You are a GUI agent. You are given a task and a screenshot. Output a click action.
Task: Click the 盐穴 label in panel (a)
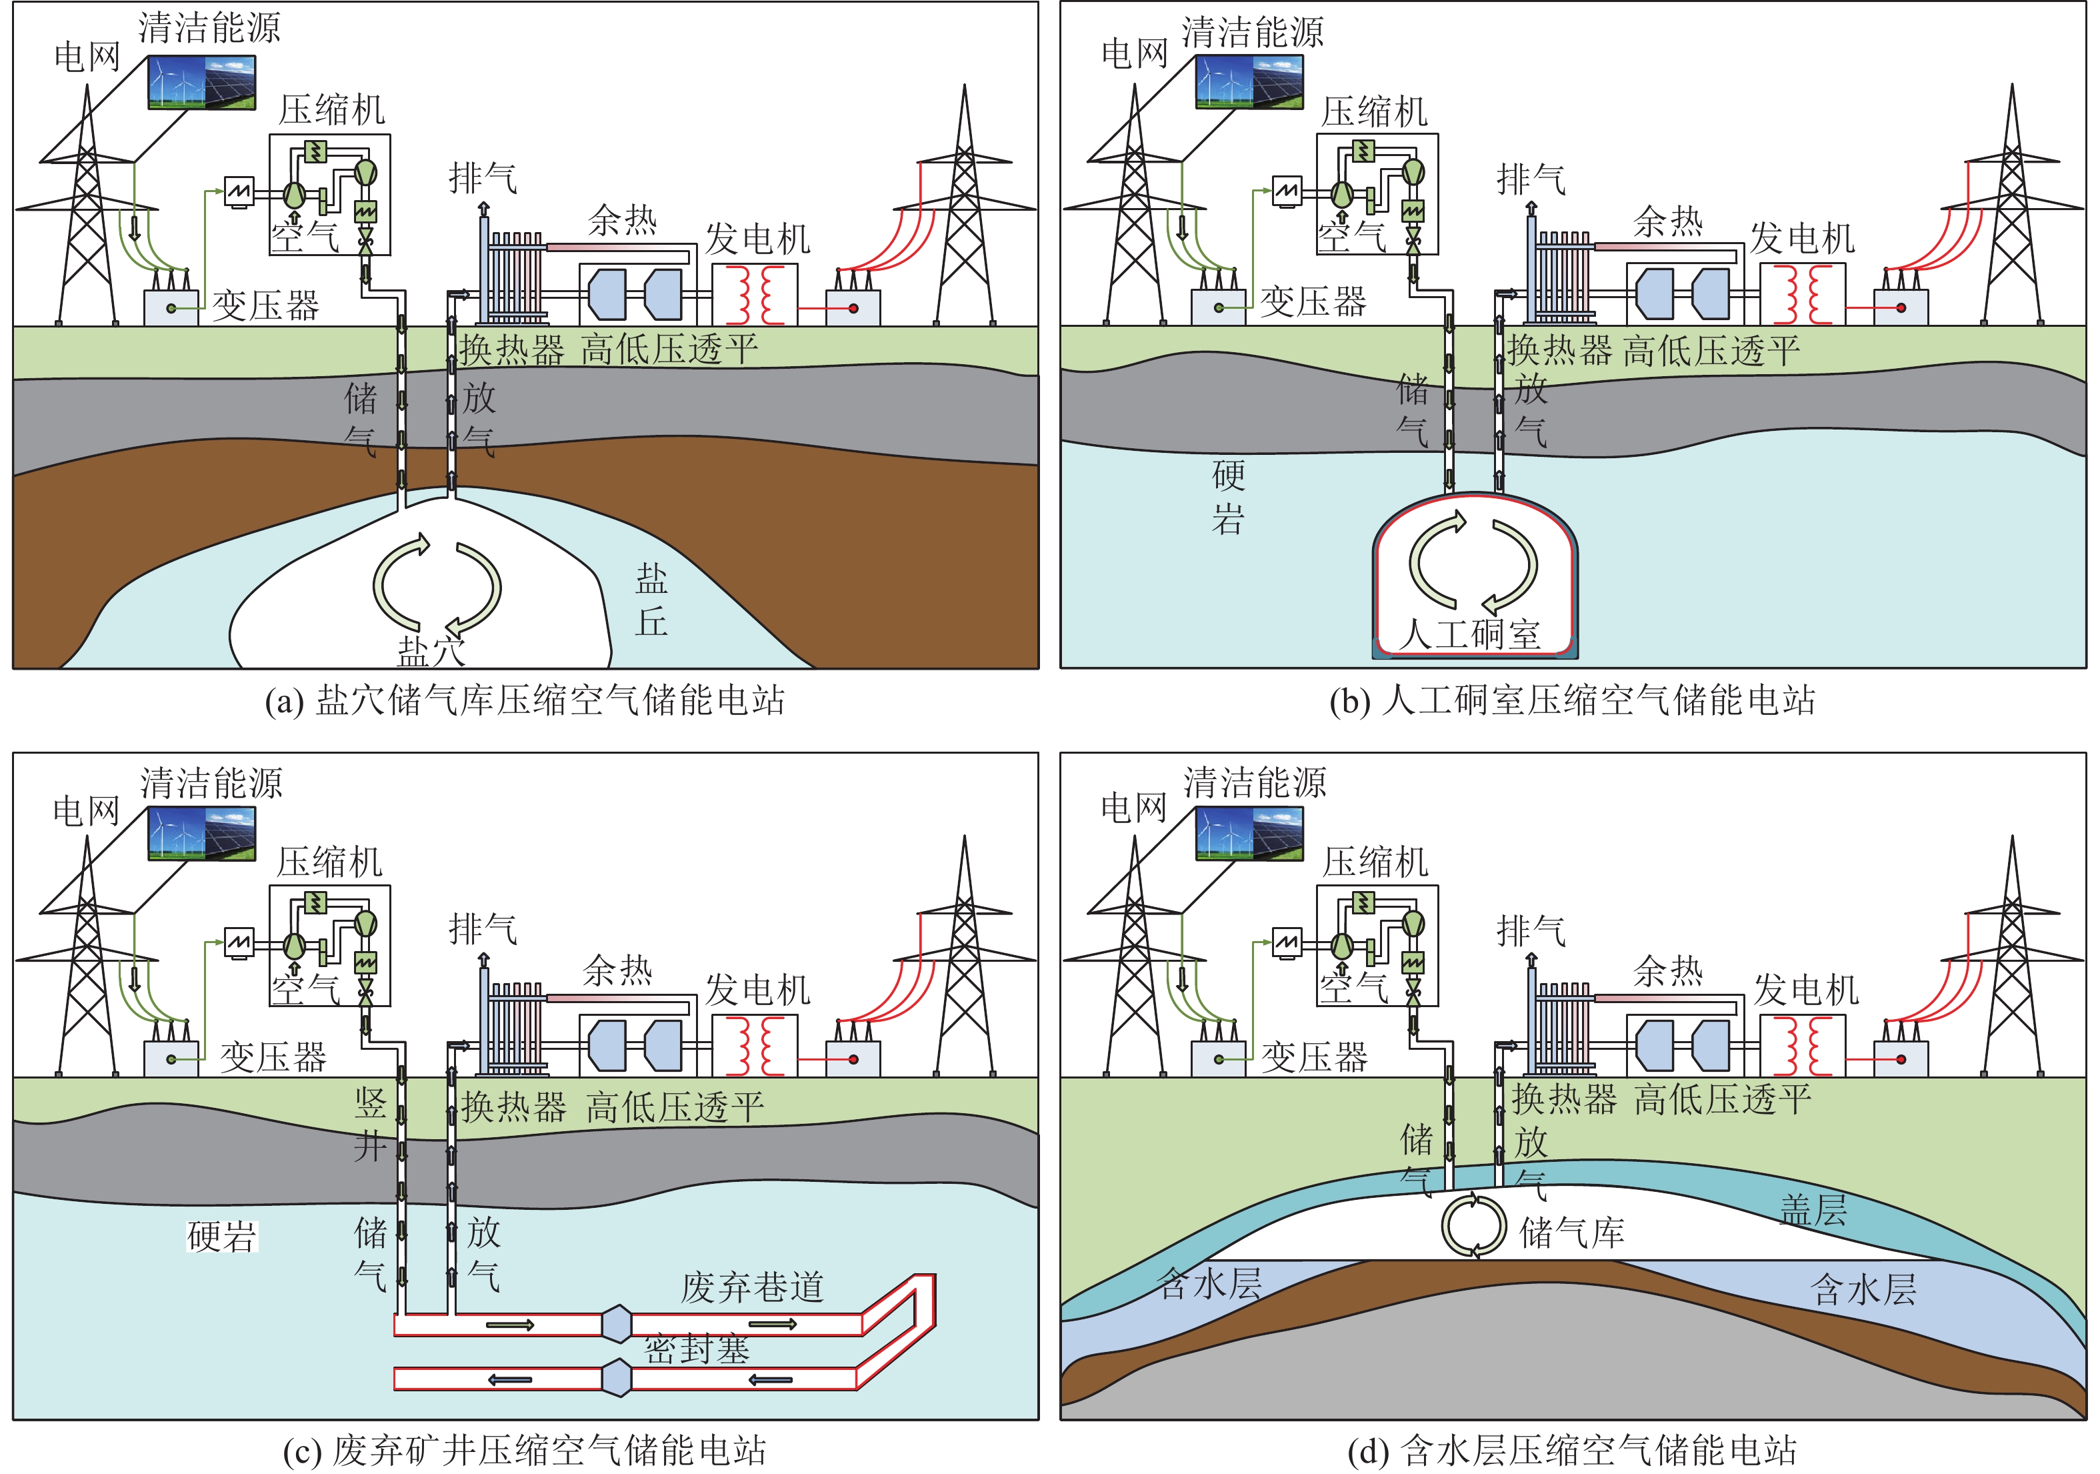[431, 650]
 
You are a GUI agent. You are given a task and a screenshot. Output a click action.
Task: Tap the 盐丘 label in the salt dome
[651, 600]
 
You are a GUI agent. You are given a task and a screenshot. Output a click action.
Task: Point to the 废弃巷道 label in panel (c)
[752, 1287]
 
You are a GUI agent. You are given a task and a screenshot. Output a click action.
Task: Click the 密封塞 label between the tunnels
[697, 1349]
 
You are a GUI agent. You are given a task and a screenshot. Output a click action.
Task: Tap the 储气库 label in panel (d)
[1571, 1233]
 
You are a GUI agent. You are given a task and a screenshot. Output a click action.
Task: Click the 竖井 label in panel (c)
[371, 1124]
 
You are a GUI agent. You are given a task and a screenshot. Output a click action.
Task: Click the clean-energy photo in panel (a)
[202, 82]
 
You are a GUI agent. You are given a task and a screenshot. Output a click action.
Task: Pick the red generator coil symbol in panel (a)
[755, 293]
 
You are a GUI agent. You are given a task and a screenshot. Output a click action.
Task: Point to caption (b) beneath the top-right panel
[1571, 700]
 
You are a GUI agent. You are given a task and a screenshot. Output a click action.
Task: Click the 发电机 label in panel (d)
[1805, 989]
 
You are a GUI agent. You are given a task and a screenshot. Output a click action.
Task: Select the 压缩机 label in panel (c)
[329, 861]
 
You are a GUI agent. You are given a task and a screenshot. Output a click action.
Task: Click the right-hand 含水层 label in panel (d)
[1863, 1289]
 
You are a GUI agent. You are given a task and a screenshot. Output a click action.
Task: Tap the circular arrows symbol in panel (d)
[1473, 1225]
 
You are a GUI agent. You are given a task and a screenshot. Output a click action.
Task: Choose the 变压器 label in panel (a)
[266, 305]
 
